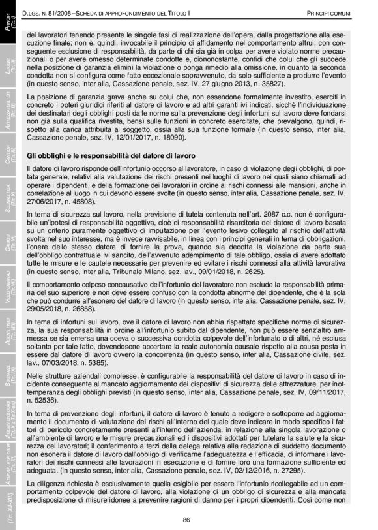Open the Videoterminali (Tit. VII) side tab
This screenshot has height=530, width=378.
(10, 290)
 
